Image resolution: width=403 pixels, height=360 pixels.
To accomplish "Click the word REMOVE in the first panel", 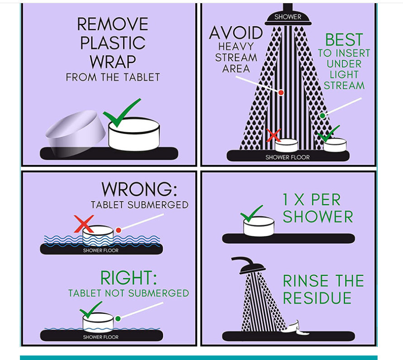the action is point(113,24).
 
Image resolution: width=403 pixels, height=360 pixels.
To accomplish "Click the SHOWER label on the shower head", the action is point(288,17).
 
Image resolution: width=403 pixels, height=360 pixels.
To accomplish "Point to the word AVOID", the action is point(236,33).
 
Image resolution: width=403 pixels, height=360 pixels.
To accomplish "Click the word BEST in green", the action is point(344,40).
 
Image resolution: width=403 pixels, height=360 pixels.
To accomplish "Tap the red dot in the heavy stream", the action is point(281,92).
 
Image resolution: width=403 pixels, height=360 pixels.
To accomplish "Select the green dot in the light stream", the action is point(322,115).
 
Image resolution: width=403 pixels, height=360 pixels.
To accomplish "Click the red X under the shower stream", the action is point(273,135).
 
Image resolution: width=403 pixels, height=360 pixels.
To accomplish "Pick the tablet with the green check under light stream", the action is point(335,145).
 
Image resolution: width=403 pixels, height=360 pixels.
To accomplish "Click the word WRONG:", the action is point(139,189).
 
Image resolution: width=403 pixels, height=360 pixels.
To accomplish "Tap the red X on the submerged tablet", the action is point(84,224).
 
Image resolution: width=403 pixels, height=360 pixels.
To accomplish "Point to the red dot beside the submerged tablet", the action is point(118,230).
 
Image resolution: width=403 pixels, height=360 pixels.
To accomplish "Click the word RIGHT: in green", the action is point(129,278).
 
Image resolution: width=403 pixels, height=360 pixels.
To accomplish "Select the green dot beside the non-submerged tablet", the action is point(118,319).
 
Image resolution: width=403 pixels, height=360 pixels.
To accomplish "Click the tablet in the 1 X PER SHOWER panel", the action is point(259,226).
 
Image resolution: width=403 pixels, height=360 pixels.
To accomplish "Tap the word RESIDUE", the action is point(317,298).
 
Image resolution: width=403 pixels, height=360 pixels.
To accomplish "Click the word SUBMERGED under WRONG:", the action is point(158,205).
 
